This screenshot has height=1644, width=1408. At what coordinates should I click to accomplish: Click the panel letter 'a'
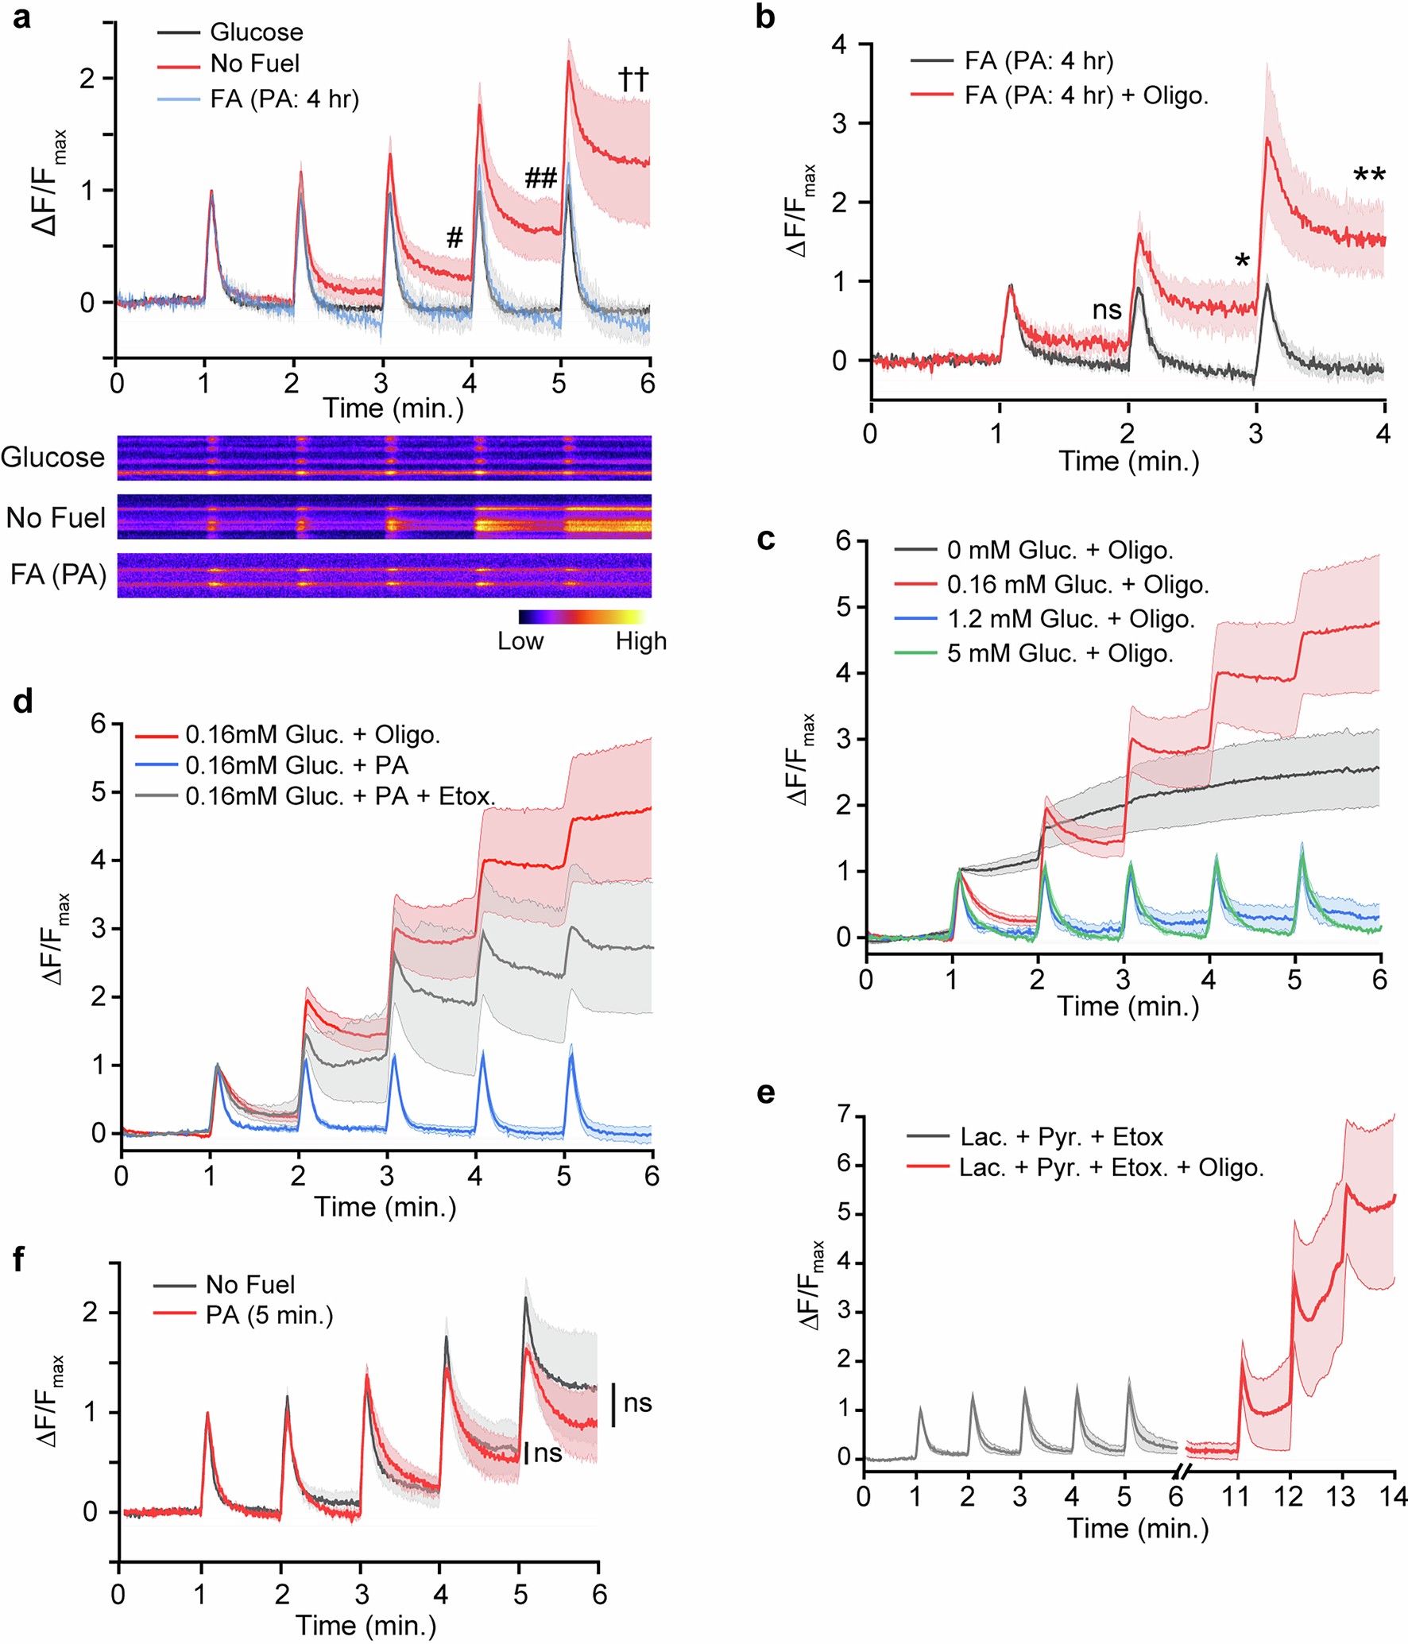point(21,17)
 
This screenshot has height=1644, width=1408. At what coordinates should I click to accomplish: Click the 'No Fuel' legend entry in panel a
point(254,64)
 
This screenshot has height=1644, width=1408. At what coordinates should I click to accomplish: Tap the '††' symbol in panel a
point(633,79)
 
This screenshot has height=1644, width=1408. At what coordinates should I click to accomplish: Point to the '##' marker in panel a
point(540,178)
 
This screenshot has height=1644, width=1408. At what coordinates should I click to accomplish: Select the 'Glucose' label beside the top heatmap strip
point(52,458)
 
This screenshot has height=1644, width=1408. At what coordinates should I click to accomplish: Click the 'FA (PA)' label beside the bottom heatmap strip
point(58,574)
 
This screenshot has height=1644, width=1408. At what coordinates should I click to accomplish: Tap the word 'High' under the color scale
point(640,641)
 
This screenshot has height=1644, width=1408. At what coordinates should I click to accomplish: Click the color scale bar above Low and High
point(582,617)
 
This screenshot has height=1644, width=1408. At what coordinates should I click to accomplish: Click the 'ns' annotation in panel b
point(1107,309)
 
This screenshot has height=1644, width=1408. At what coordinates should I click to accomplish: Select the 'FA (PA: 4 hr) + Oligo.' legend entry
point(1085,95)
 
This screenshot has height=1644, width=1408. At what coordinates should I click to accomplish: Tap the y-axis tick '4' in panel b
point(839,44)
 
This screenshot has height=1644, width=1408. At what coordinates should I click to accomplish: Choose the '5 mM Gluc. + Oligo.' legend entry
point(1059,653)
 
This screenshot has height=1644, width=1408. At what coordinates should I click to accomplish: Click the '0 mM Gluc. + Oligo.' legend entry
point(1059,550)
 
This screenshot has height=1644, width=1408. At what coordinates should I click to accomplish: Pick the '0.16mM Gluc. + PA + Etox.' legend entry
point(339,795)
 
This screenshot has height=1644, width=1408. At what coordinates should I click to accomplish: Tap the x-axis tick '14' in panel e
point(1393,1496)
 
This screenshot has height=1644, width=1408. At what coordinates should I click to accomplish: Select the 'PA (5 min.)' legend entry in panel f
point(269,1315)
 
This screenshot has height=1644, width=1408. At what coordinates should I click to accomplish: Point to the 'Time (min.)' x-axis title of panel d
point(385,1206)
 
